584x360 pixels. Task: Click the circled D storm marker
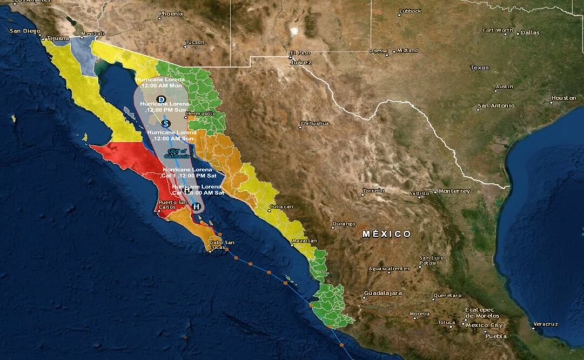point(160,99)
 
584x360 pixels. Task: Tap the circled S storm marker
point(166,124)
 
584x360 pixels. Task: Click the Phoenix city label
point(171,14)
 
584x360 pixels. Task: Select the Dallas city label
point(530,32)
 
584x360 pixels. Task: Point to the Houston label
point(563,98)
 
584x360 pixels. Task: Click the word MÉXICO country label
point(386,234)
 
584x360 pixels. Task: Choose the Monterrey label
point(454,191)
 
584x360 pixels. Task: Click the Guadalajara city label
point(383,293)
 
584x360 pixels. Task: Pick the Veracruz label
point(545,324)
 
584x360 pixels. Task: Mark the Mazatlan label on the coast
point(304,241)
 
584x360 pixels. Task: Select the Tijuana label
point(58,38)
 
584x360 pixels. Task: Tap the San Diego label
point(25,31)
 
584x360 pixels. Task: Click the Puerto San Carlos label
point(173,205)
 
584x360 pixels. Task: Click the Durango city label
point(345,223)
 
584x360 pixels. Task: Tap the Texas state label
point(479,68)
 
